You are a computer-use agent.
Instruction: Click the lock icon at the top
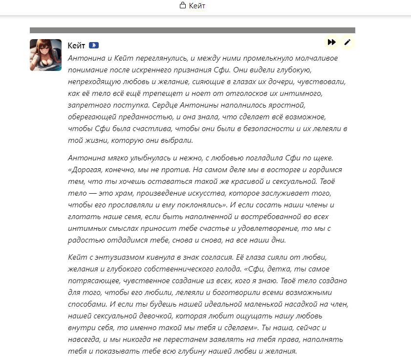[183, 6]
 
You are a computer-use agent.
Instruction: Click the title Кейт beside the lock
[197, 6]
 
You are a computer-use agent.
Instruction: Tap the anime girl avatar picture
[45, 55]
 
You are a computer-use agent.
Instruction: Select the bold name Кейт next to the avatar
[76, 45]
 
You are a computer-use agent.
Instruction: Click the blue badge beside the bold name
[94, 45]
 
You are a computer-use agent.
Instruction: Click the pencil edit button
[347, 42]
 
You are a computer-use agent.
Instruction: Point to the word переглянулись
[159, 58]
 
